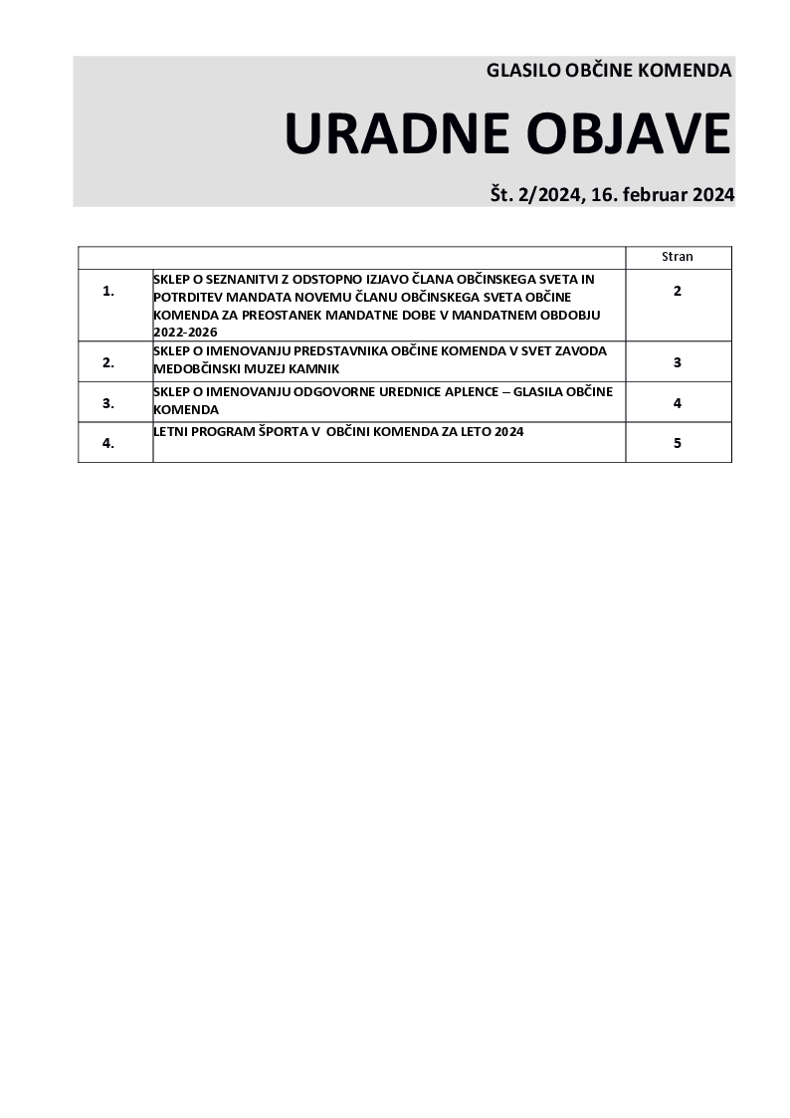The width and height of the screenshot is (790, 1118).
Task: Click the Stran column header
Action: [678, 257]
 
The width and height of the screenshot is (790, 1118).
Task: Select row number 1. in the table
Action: [108, 292]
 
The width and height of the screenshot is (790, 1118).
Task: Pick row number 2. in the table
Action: [108, 362]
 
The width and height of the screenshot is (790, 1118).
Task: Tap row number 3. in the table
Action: [108, 403]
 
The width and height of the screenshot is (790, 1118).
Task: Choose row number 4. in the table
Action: [108, 444]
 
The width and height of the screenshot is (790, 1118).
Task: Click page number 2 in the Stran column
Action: [678, 292]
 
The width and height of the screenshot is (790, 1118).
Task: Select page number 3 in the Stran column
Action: [678, 362]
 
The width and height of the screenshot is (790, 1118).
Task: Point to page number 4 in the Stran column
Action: [678, 403]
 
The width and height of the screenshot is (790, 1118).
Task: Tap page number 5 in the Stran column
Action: [678, 444]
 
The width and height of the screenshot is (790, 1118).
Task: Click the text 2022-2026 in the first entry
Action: [185, 332]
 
